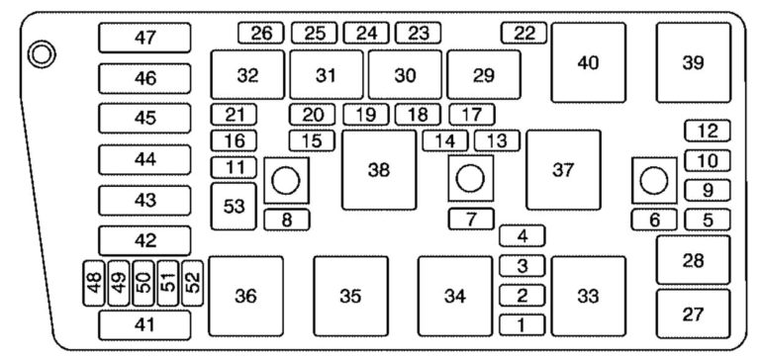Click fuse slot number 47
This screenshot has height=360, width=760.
(x=145, y=38)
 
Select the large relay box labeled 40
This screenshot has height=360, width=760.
(x=588, y=62)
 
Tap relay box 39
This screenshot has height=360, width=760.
(x=693, y=62)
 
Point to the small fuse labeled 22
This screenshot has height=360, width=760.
(x=523, y=33)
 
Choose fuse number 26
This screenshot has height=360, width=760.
(x=261, y=33)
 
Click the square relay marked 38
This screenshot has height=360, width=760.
(x=378, y=170)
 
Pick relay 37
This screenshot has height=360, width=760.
(x=563, y=170)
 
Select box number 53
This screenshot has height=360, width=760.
(x=234, y=206)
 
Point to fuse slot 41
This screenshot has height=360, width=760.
(x=145, y=323)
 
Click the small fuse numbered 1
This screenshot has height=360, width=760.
(x=522, y=323)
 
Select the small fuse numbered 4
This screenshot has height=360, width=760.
(x=522, y=235)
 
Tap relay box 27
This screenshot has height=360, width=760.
(x=693, y=314)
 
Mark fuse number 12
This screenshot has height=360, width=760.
(x=707, y=131)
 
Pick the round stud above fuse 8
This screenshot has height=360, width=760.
(x=284, y=180)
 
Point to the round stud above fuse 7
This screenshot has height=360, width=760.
(x=470, y=180)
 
